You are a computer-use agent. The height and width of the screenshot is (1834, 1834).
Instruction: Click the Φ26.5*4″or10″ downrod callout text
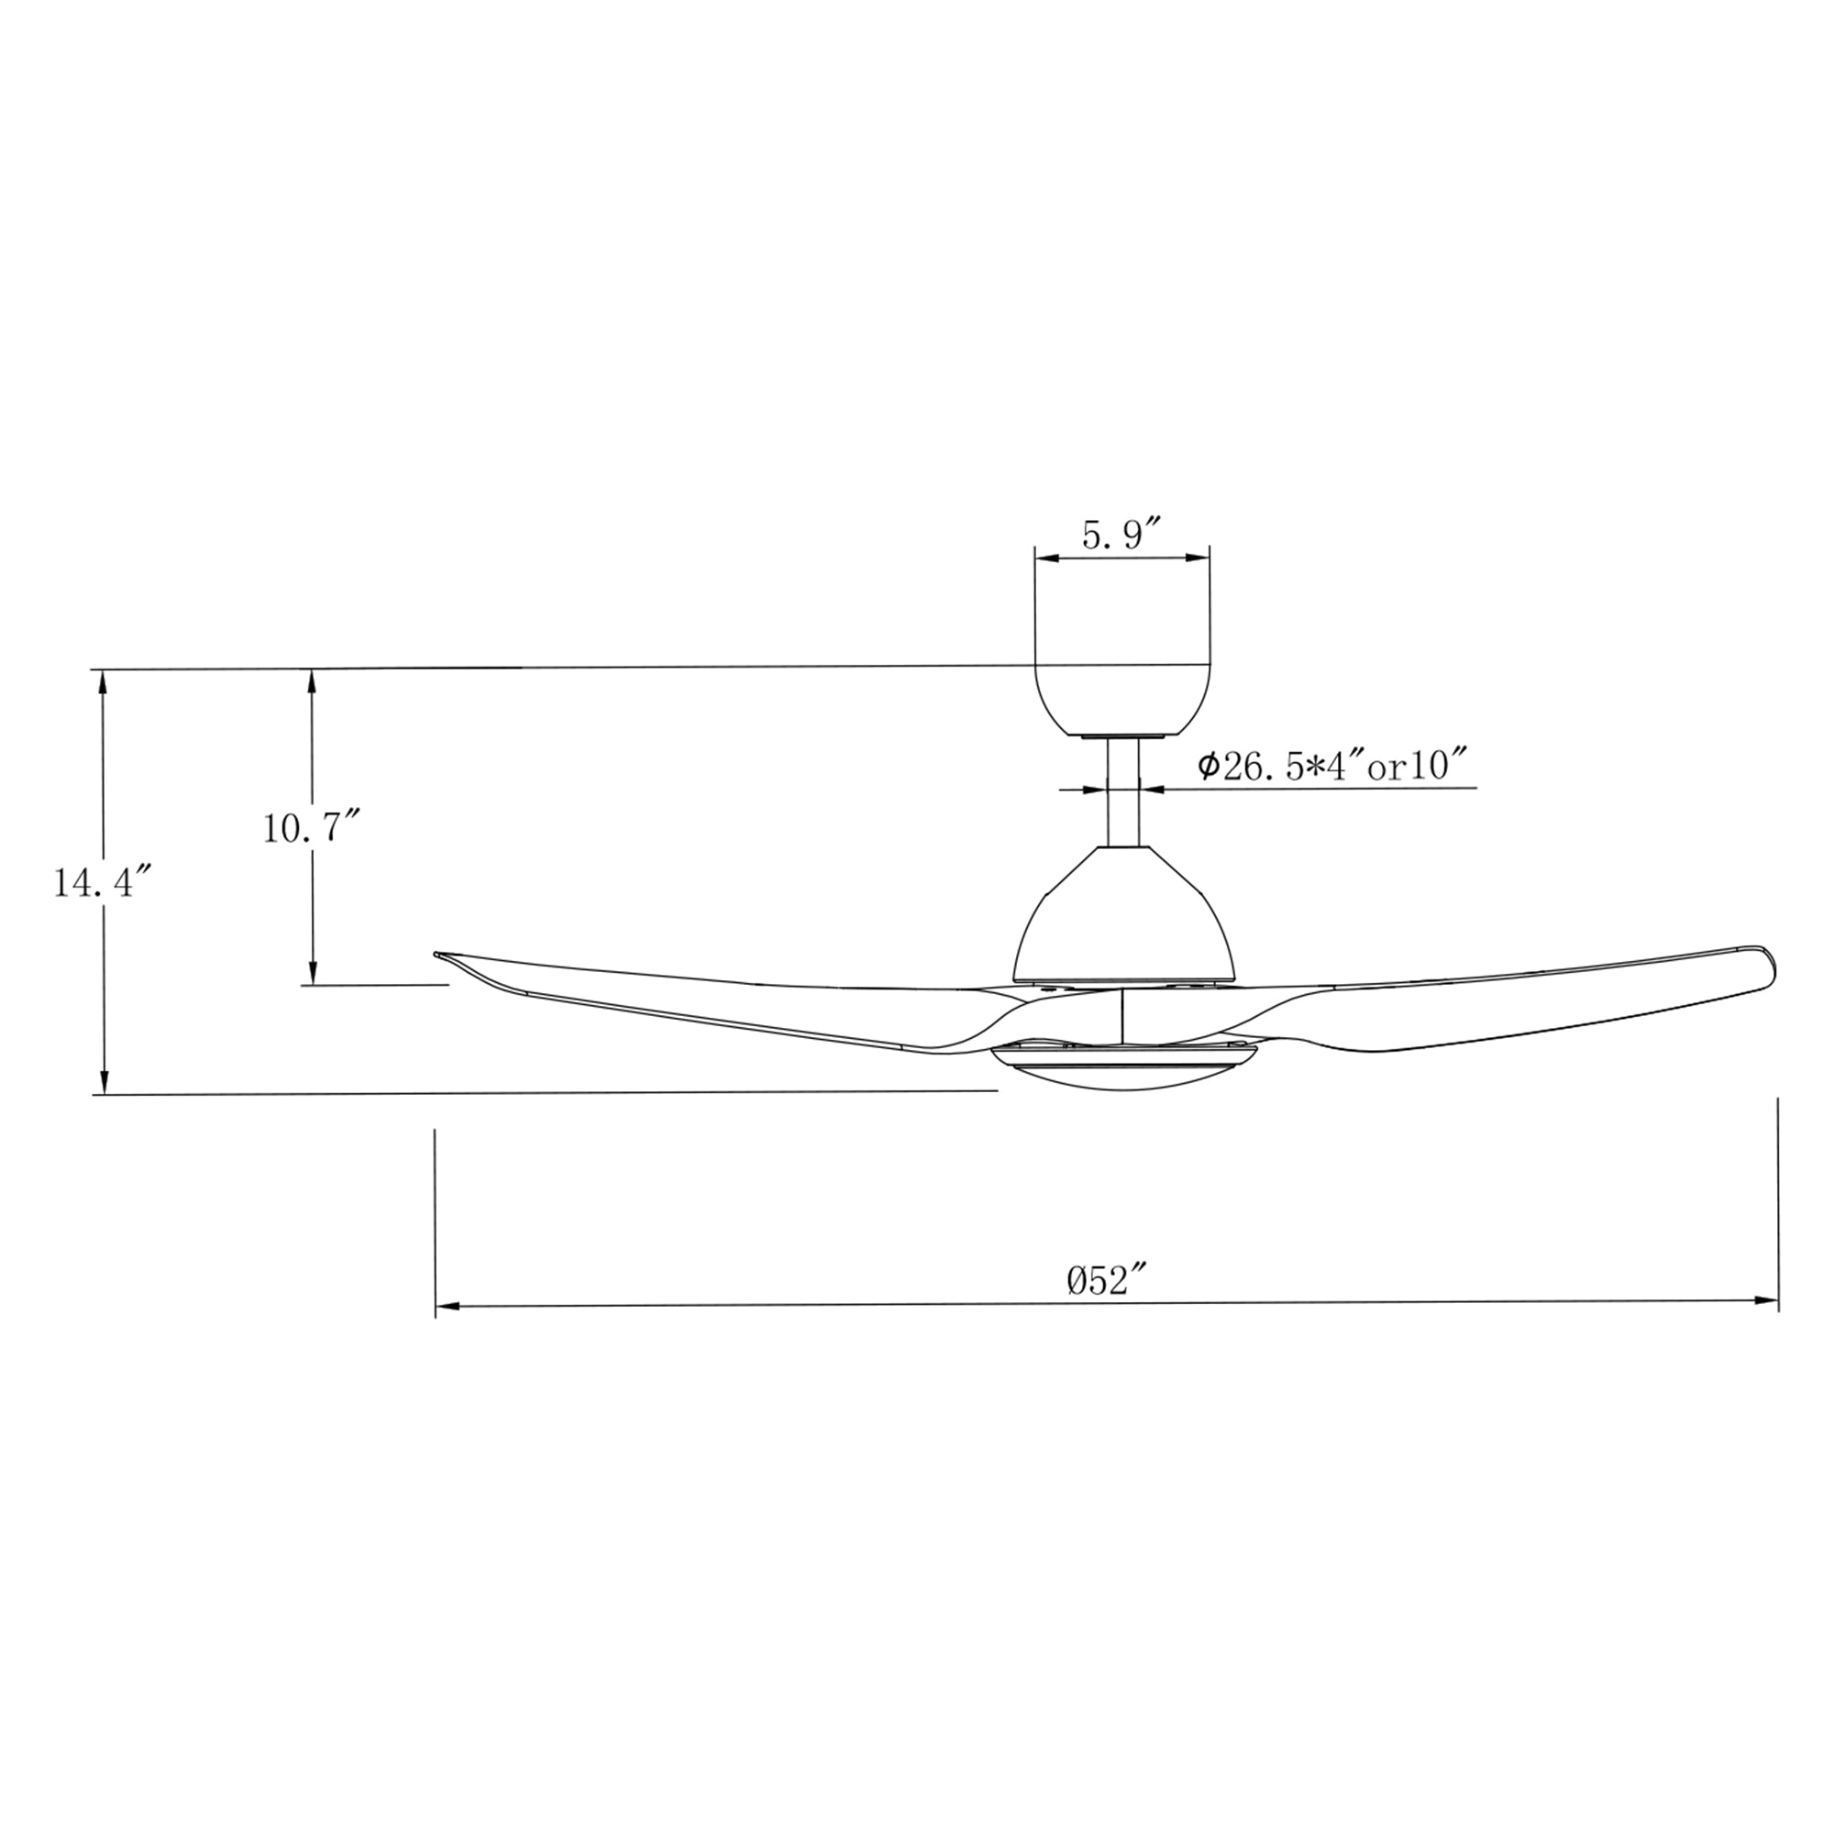1332,765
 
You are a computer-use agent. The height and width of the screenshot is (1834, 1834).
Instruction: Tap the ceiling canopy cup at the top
1122,697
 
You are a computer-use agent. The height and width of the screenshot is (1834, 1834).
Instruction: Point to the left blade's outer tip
439,954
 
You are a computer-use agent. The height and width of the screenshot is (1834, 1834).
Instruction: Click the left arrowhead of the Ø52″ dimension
447,1306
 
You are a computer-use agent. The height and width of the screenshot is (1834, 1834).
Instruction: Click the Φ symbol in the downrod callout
1209,765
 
